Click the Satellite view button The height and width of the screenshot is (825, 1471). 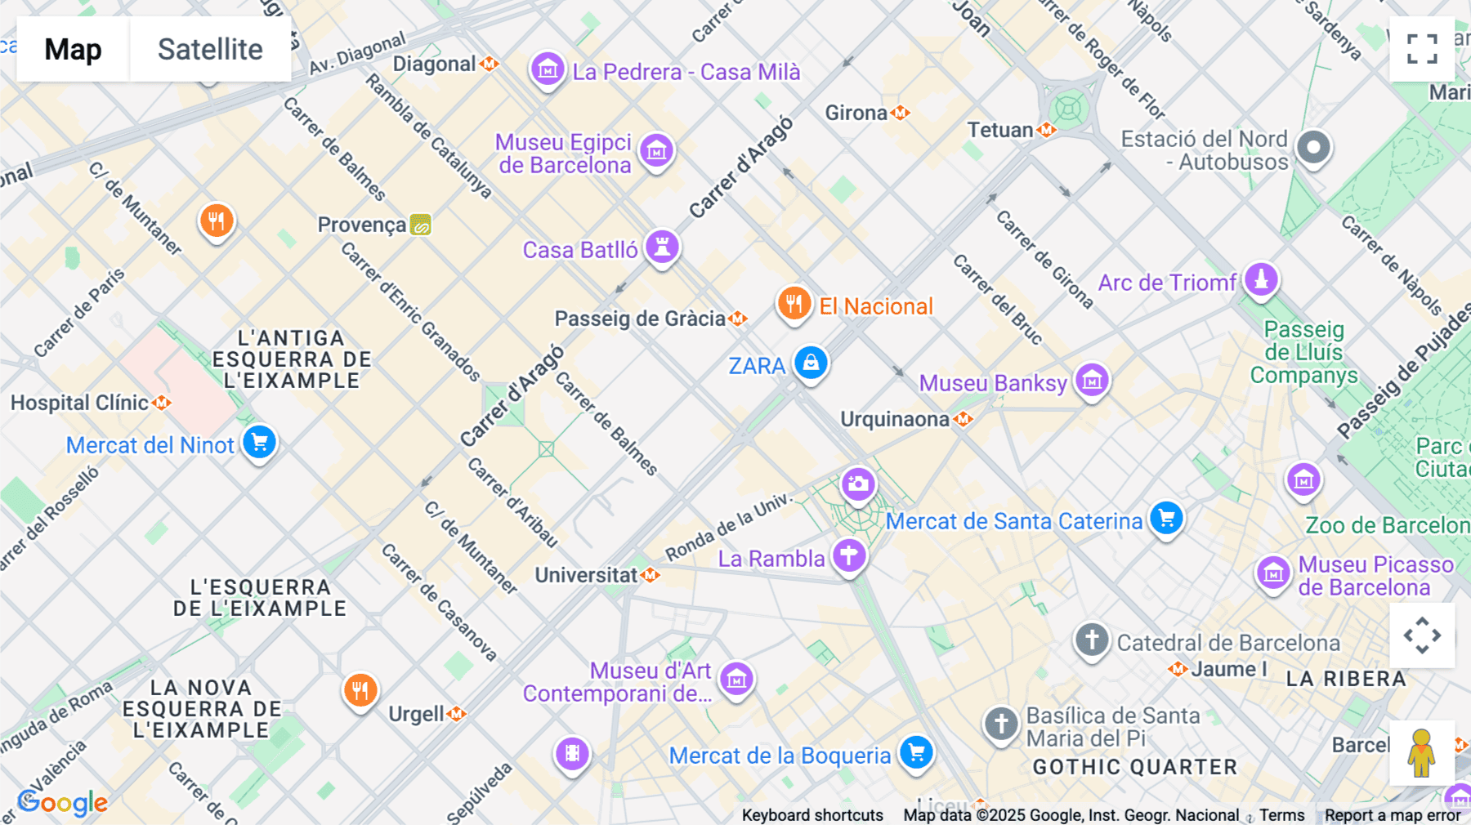(x=210, y=49)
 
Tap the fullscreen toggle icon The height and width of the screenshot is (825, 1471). (x=1422, y=49)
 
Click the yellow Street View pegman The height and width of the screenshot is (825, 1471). (x=1421, y=752)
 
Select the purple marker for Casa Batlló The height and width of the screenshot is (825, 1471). (x=662, y=246)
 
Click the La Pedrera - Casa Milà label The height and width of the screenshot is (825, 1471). (x=686, y=72)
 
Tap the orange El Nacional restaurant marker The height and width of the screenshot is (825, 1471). (x=794, y=304)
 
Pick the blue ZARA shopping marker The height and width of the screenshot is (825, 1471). (x=811, y=362)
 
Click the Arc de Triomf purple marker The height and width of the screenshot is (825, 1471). (x=1261, y=279)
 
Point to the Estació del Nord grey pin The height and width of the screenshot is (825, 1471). (x=1313, y=148)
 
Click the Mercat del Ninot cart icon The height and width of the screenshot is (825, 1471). (x=260, y=442)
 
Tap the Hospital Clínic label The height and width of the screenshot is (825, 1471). (x=80, y=403)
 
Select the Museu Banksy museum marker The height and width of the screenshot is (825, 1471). (x=1092, y=380)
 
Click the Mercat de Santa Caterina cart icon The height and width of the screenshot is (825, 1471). (x=1166, y=518)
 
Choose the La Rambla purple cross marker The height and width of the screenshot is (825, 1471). (x=849, y=556)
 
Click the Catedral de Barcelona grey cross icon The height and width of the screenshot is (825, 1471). (x=1092, y=640)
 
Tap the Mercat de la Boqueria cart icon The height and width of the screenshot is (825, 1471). (x=916, y=752)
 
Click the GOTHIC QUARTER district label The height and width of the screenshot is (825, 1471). (x=1135, y=767)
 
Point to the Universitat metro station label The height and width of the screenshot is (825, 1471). (x=586, y=575)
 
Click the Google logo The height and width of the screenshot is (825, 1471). (x=63, y=803)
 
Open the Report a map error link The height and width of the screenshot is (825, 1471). (x=1393, y=815)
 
